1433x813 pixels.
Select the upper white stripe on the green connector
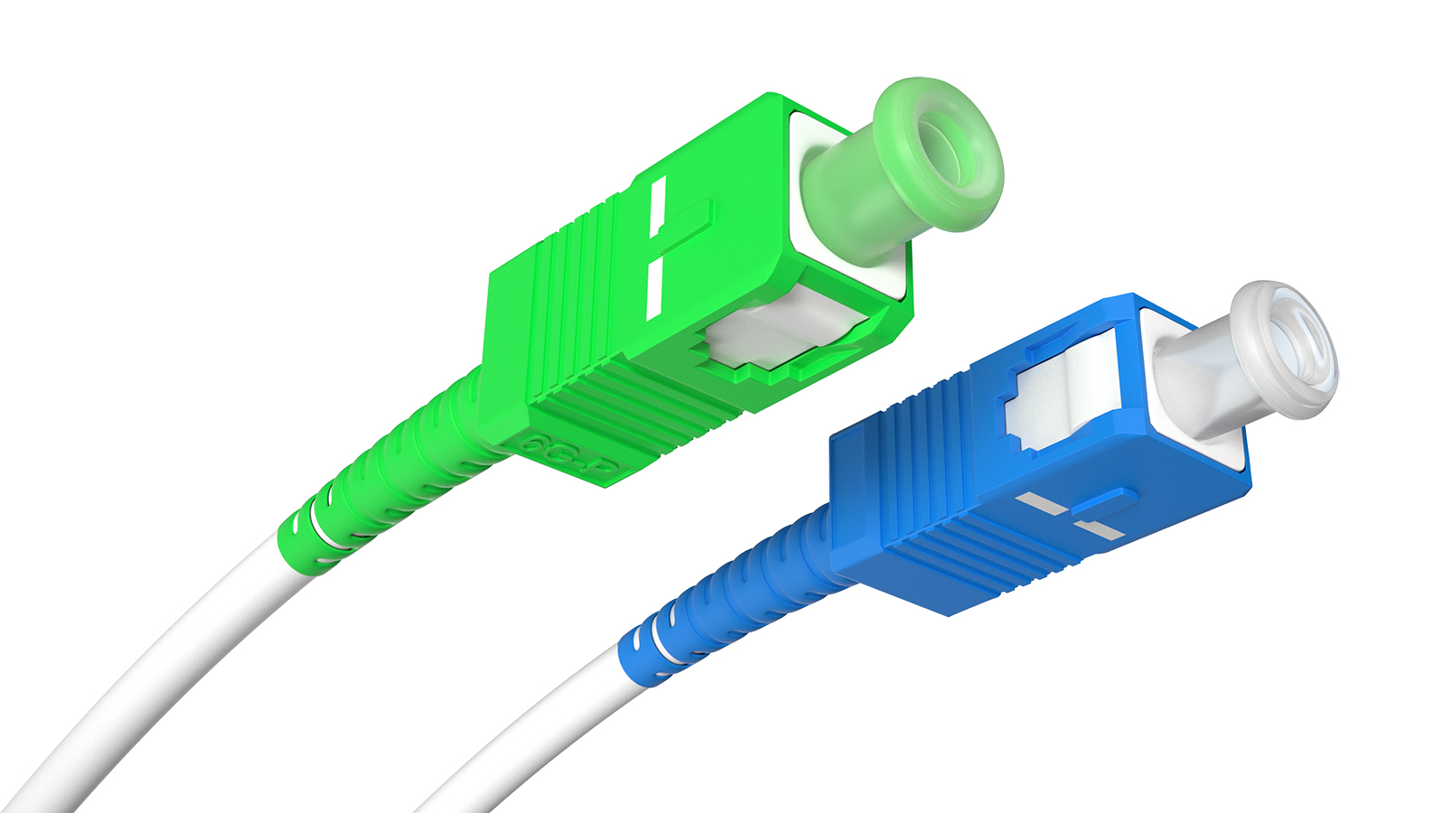658,207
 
